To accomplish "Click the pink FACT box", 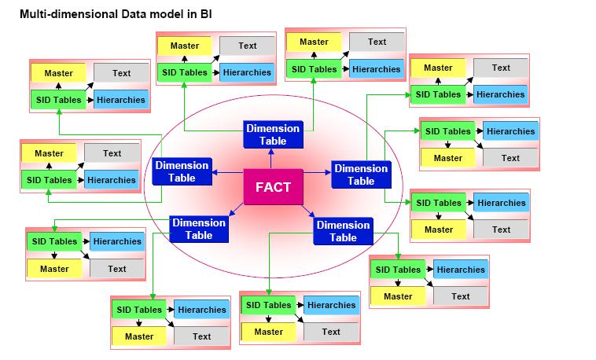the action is [x=272, y=187].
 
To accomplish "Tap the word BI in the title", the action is [x=205, y=15].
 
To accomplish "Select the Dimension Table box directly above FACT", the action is [x=272, y=134].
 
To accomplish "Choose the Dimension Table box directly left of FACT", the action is [x=181, y=171].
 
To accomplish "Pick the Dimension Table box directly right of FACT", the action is [x=361, y=174].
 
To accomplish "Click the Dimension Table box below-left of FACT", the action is [x=198, y=229].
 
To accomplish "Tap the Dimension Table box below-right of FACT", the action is [x=343, y=232].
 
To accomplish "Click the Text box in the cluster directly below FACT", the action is [x=331, y=332].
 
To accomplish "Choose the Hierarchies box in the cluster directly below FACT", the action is [x=331, y=305].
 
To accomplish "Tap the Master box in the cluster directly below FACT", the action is [x=268, y=332].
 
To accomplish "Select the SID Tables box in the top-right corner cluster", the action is [x=438, y=94].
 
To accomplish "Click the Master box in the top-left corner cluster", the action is [x=58, y=73].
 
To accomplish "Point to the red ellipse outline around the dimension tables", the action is [x=145, y=197].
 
